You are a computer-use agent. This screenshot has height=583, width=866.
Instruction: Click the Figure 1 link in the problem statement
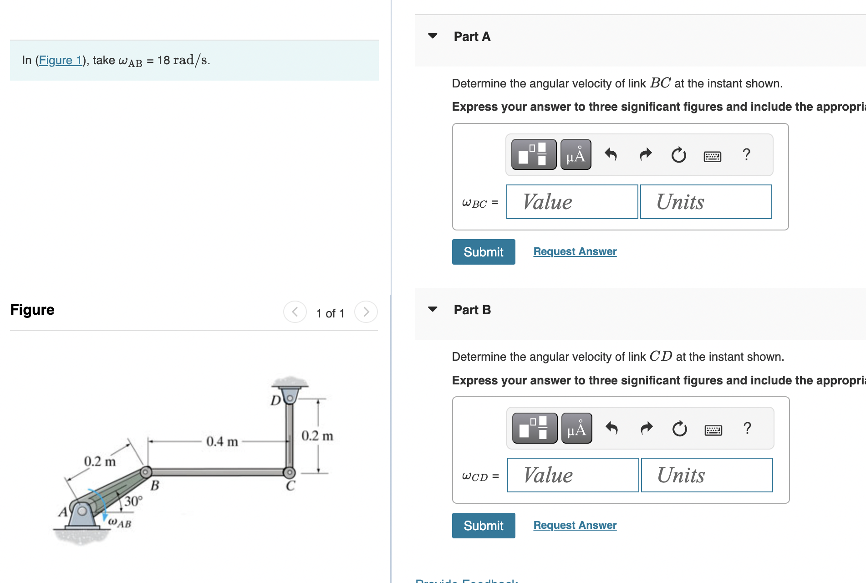click(60, 60)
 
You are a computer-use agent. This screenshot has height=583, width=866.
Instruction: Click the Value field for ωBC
click(572, 202)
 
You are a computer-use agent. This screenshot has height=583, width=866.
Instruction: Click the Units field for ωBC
click(706, 202)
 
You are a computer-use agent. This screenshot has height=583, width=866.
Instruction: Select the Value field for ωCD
click(573, 475)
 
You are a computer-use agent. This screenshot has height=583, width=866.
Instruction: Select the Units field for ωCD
click(707, 475)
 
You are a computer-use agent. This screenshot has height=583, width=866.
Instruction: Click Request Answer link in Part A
click(575, 251)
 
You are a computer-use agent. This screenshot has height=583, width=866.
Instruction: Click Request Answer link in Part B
click(575, 525)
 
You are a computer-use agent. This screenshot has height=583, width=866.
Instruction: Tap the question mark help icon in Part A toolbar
click(746, 155)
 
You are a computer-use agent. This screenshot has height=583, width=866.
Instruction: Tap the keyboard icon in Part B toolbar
click(713, 430)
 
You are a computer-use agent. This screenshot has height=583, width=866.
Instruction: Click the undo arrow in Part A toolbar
click(611, 155)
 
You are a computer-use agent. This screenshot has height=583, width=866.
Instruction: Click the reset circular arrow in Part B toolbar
click(679, 429)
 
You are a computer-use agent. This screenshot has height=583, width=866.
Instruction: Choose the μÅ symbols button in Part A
click(576, 155)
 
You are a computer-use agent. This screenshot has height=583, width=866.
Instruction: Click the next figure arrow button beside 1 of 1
click(366, 312)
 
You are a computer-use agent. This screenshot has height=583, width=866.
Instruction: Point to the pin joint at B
click(146, 472)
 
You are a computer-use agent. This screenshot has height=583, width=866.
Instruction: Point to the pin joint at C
click(289, 472)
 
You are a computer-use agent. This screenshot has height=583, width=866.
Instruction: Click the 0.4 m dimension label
click(222, 441)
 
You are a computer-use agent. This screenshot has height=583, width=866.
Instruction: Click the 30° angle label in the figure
click(133, 501)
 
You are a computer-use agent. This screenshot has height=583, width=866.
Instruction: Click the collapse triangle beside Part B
click(433, 309)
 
